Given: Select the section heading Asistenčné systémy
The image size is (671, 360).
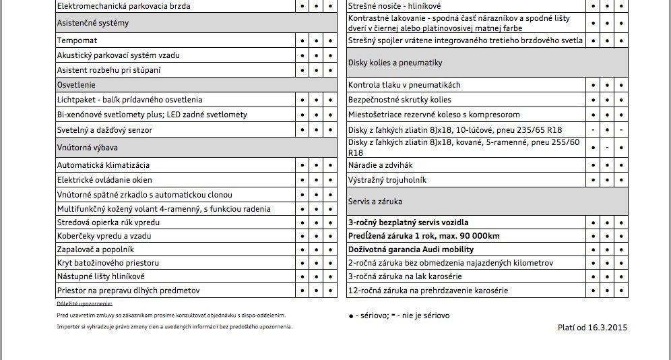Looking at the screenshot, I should [x=93, y=23].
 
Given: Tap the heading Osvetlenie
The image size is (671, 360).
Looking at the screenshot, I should [x=76, y=85].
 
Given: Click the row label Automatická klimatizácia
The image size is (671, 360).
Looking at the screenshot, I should [x=103, y=165].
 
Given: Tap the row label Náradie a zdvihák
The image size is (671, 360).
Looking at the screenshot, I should [x=380, y=165].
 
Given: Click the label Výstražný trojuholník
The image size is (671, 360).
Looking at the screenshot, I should [x=387, y=180].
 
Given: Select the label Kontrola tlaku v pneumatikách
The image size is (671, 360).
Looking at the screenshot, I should [x=404, y=85].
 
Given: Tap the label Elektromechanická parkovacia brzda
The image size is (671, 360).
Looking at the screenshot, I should [x=123, y=6].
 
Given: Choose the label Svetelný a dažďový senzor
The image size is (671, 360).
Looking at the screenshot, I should [x=104, y=129].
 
